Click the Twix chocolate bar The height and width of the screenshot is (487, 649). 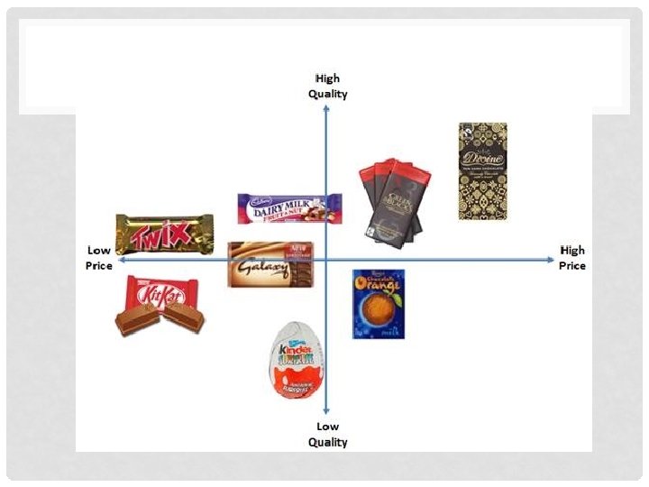coord(165,234)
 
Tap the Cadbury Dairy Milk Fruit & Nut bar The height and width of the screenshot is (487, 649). coord(289,209)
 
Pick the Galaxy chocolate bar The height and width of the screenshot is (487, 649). coord(270,264)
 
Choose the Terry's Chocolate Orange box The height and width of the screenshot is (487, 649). coord(378,304)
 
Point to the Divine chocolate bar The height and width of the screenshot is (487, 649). coord(482,171)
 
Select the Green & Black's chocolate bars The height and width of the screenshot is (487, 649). coord(392,201)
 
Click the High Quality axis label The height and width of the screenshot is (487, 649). coord(327,86)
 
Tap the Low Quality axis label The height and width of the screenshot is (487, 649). coord(327,434)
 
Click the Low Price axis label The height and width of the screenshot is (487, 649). coord(99,258)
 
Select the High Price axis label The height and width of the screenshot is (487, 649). coord(572,258)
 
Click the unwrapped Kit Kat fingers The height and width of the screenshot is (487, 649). coord(160,317)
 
